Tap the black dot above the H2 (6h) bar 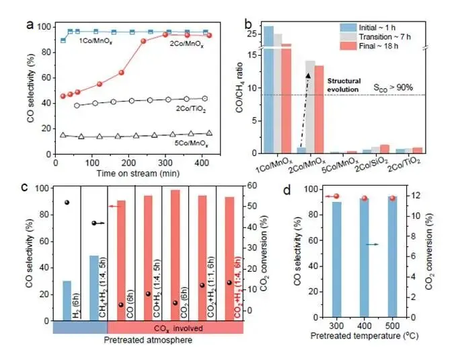(67, 203)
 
